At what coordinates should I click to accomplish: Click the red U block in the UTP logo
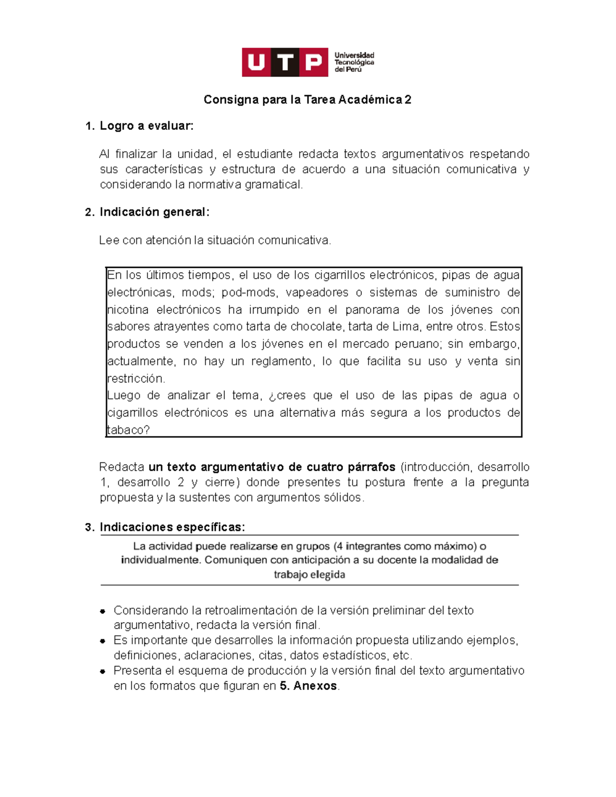tap(256, 63)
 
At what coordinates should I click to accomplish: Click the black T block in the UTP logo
tap(285, 63)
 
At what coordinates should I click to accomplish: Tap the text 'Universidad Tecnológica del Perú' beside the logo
tap(354, 62)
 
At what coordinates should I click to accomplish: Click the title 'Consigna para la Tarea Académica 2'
tap(307, 100)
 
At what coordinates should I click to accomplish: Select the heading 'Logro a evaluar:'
tap(146, 126)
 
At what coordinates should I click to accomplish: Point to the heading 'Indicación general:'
tap(155, 212)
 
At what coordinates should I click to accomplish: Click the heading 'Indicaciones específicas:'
tap(172, 527)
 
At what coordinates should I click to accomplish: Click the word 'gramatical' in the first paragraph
tap(273, 185)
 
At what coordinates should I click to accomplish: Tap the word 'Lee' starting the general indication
tap(109, 240)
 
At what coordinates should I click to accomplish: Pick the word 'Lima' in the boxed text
tap(406, 327)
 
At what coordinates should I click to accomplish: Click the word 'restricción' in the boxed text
tap(136, 379)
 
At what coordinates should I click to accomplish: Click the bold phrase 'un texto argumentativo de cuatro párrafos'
tap(272, 467)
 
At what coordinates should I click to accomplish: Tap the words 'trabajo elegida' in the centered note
tap(309, 574)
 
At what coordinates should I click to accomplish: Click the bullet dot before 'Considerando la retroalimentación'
tap(103, 611)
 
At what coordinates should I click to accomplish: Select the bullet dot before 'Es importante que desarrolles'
tap(103, 641)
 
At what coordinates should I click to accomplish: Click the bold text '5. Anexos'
tap(308, 686)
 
